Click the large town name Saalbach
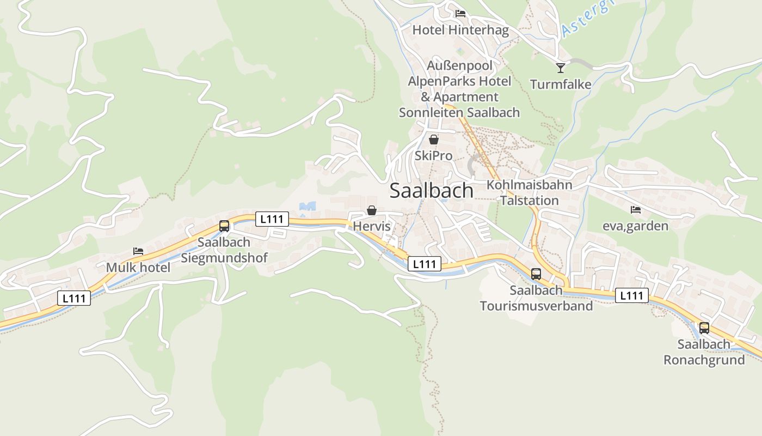click(432, 191)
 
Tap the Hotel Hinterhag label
click(460, 30)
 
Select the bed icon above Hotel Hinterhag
click(460, 14)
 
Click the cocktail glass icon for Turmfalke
click(561, 68)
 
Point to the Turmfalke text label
click(561, 84)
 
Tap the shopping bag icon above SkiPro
click(434, 140)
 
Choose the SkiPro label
click(434, 156)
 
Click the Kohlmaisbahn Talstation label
click(530, 192)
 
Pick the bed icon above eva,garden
click(635, 210)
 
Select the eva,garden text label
click(635, 226)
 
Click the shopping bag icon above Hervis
click(372, 210)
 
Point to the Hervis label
click(372, 226)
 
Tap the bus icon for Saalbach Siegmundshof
click(224, 226)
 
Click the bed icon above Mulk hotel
click(138, 251)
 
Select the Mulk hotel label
click(138, 268)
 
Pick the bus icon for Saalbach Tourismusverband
click(536, 274)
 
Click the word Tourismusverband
click(536, 306)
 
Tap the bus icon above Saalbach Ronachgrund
click(704, 328)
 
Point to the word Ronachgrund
click(704, 360)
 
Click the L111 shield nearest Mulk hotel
click(74, 298)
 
